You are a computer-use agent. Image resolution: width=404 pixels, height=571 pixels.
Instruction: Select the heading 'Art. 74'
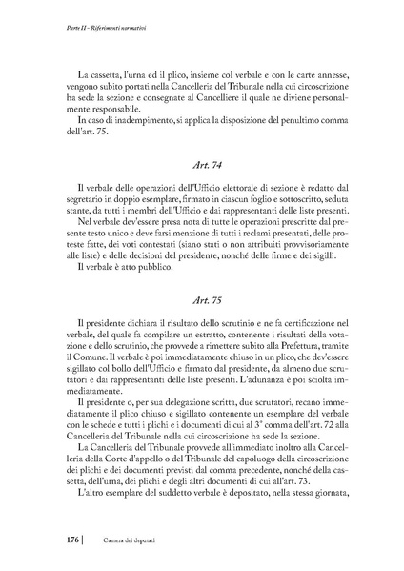tap(202, 165)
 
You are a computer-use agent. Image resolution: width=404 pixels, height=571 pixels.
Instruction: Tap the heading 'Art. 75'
tap(202, 298)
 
